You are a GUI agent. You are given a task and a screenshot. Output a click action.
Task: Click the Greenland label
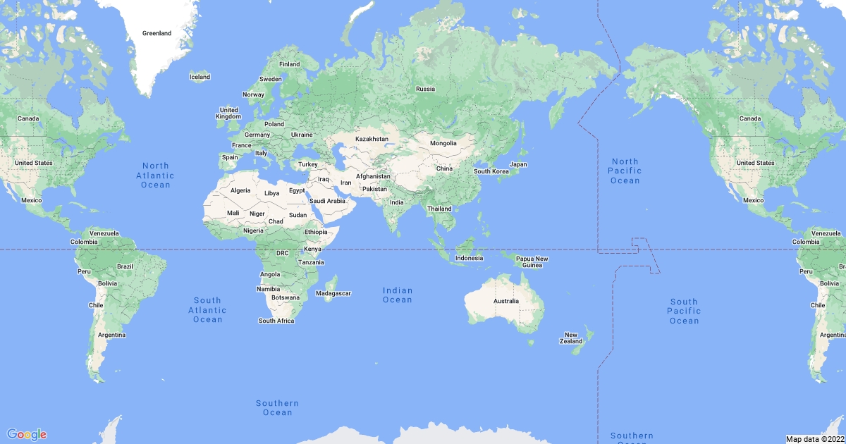coord(157,33)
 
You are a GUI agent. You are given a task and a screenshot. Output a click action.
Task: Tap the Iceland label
coord(200,76)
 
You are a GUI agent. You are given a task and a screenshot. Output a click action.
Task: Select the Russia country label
coord(425,89)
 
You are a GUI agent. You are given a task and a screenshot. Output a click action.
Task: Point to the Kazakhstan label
coord(372,139)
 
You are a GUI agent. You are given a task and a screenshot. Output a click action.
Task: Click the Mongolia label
coord(443,143)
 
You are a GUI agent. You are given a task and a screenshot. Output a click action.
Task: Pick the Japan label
coord(518,164)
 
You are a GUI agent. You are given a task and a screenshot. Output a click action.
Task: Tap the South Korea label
coord(491,171)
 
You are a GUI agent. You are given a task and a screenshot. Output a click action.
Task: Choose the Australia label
coord(505,301)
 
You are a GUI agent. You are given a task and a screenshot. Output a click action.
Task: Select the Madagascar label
coord(333,293)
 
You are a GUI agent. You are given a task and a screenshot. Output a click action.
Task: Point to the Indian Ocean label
coord(398,295)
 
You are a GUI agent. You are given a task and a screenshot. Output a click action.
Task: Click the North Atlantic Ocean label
coord(155,175)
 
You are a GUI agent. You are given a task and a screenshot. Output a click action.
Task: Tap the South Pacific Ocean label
coord(684,311)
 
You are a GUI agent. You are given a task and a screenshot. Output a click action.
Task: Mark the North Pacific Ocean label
coord(625,171)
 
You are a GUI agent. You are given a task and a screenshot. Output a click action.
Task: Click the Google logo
coord(27,434)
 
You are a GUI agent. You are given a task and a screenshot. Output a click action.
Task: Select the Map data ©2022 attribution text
coord(815,439)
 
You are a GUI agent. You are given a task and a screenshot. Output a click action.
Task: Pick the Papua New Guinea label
coord(532,261)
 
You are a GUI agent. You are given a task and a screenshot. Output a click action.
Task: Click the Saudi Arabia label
coord(327,201)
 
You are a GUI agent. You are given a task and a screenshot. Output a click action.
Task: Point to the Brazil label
coord(125,266)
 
